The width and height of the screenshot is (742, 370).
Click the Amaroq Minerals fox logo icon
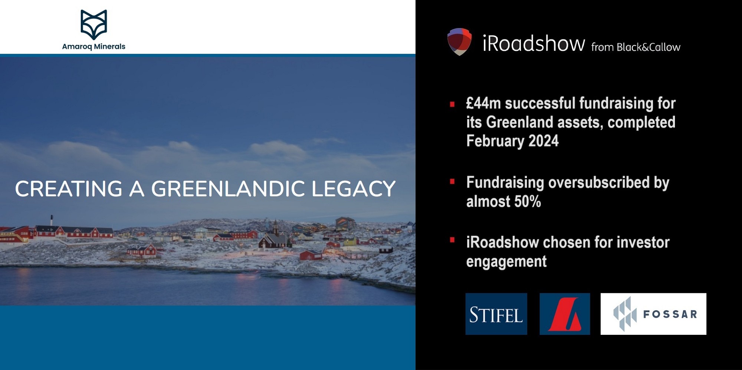pos(93,24)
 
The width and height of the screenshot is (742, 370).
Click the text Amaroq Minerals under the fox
pos(93,47)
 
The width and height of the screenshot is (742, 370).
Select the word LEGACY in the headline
pos(353,189)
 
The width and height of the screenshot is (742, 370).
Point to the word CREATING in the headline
pos(69,189)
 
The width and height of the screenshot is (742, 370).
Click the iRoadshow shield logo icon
pos(459,42)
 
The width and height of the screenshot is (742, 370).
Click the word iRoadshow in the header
pos(533,44)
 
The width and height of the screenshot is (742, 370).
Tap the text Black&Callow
pos(648,47)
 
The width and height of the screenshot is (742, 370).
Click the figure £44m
pos(483,103)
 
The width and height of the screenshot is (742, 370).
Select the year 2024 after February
pos(544,141)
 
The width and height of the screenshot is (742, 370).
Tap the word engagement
pos(506,262)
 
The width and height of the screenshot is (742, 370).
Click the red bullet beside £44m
pos(452,104)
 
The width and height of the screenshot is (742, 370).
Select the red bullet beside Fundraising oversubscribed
pos(452,182)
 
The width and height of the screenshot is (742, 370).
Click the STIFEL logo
pos(496,314)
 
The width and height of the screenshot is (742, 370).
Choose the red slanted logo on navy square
pos(565,314)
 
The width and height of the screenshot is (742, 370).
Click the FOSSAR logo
pos(653,314)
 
